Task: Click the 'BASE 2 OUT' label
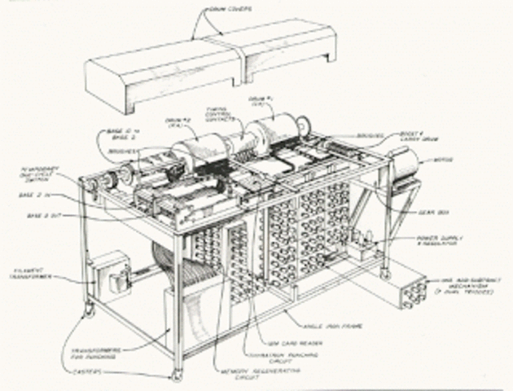point(44,215)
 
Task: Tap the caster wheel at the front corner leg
point(174,376)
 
